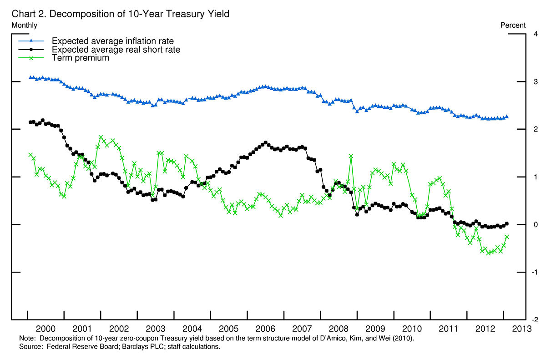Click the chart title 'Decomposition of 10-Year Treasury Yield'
(138, 14)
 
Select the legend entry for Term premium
(81, 58)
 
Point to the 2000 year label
(45, 329)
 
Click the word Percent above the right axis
(513, 25)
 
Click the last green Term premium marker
(507, 237)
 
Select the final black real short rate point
(507, 223)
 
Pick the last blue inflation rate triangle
(507, 117)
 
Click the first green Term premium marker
(30, 155)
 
